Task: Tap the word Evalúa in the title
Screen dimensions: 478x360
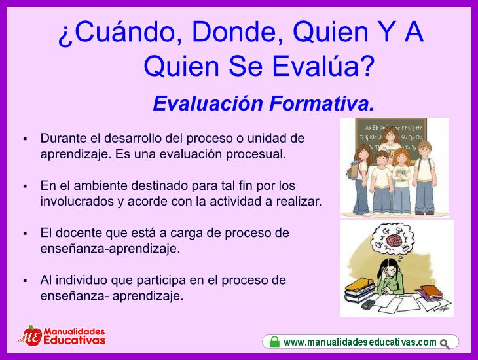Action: pyautogui.click(x=323, y=66)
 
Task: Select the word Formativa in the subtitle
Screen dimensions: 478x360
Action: pyautogui.click(x=322, y=103)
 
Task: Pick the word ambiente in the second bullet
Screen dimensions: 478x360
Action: pyautogui.click(x=100, y=185)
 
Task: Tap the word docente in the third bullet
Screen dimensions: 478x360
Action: pyautogui.click(x=79, y=233)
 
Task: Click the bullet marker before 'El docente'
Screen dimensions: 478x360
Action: pyautogui.click(x=25, y=234)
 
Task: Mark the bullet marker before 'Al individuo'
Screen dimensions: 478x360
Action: pyautogui.click(x=25, y=281)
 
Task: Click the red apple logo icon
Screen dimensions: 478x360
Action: pyautogui.click(x=31, y=336)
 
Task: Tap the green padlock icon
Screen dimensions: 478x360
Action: pyautogui.click(x=274, y=342)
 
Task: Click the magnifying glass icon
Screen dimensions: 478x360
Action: pyautogui.click(x=445, y=344)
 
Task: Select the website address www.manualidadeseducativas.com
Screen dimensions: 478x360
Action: pyautogui.click(x=360, y=342)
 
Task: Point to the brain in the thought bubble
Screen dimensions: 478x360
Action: pyautogui.click(x=394, y=240)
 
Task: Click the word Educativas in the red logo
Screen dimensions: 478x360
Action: pyautogui.click(x=75, y=340)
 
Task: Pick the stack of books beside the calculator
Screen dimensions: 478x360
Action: pyautogui.click(x=359, y=290)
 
